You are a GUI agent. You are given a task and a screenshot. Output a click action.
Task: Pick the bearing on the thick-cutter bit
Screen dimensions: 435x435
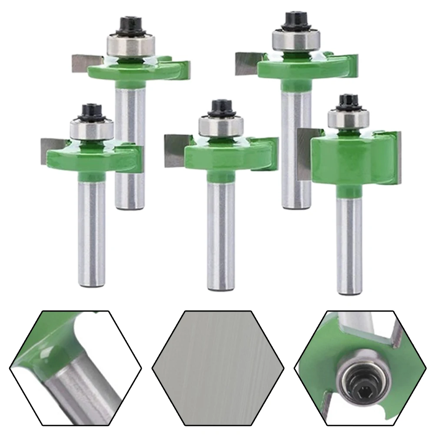pos(346,119)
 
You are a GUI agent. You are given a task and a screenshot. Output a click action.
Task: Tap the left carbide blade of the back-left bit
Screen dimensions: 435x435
pos(83,63)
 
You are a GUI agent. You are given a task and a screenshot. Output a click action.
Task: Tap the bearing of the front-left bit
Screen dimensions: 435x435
pos(93,128)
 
